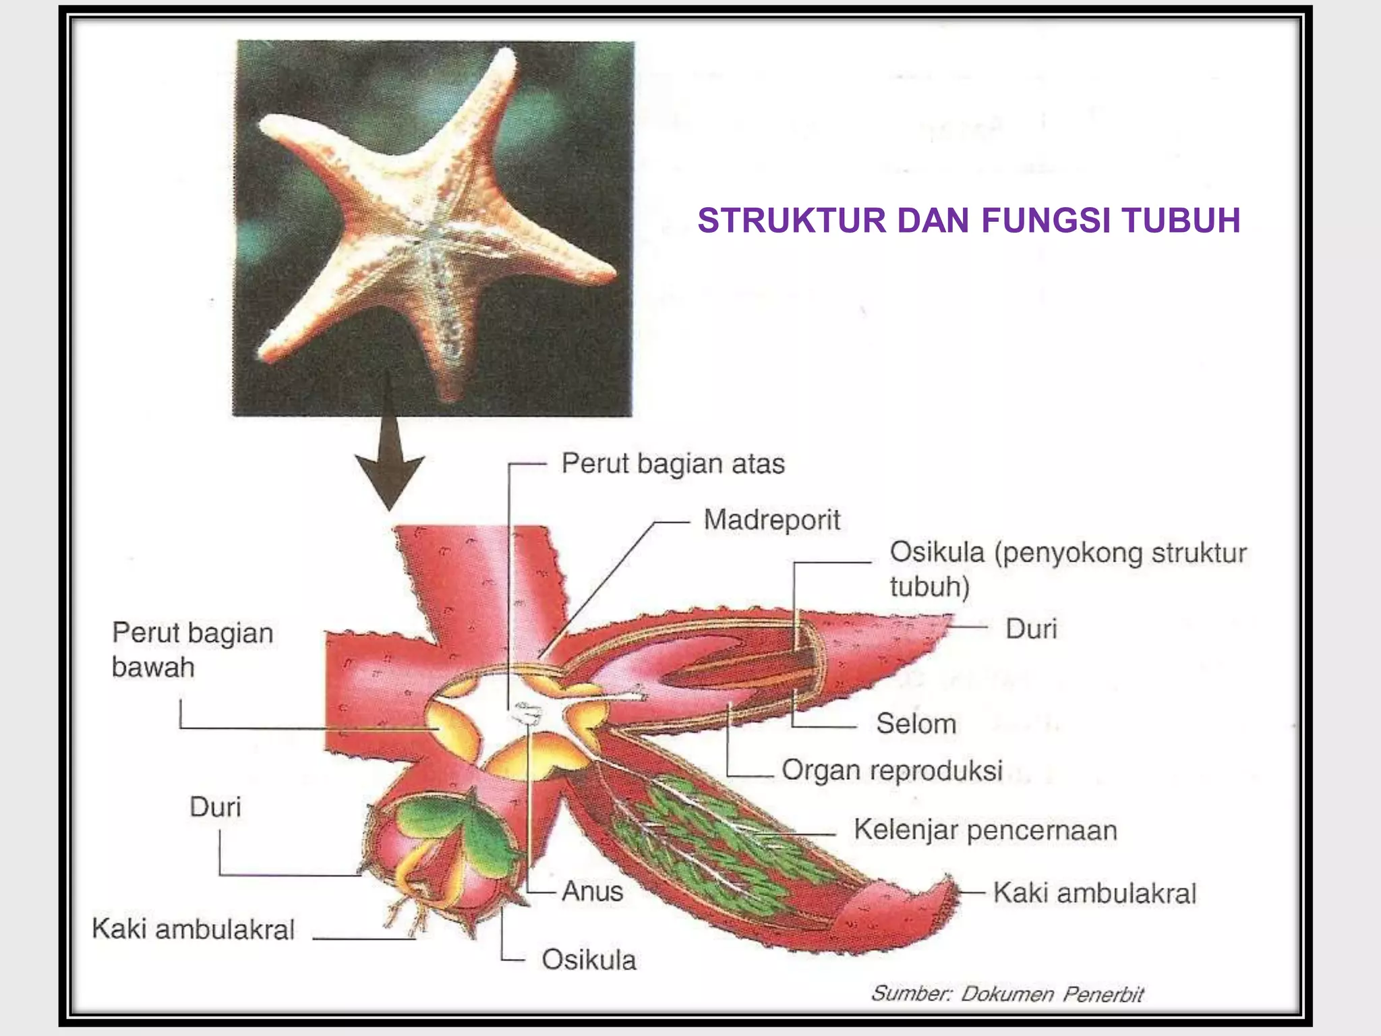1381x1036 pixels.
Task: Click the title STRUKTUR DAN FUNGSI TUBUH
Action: point(968,221)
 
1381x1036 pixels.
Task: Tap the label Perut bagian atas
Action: point(673,464)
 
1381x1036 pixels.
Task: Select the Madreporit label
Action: point(771,520)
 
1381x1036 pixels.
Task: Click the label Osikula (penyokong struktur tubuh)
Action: point(1067,569)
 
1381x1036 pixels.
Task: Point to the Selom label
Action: point(916,724)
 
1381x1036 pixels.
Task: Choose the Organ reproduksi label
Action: point(891,770)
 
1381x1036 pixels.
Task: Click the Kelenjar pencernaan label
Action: point(985,830)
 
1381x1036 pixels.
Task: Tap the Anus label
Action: point(592,891)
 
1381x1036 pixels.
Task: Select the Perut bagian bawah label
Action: point(192,650)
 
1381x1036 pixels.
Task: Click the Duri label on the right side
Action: point(1030,629)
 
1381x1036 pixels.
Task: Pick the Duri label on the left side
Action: point(214,807)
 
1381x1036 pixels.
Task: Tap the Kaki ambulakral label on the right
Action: point(1094,893)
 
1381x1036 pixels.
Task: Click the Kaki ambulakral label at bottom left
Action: point(193,929)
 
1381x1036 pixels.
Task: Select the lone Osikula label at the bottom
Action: point(589,960)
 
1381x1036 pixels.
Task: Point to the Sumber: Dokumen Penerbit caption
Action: point(1007,994)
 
